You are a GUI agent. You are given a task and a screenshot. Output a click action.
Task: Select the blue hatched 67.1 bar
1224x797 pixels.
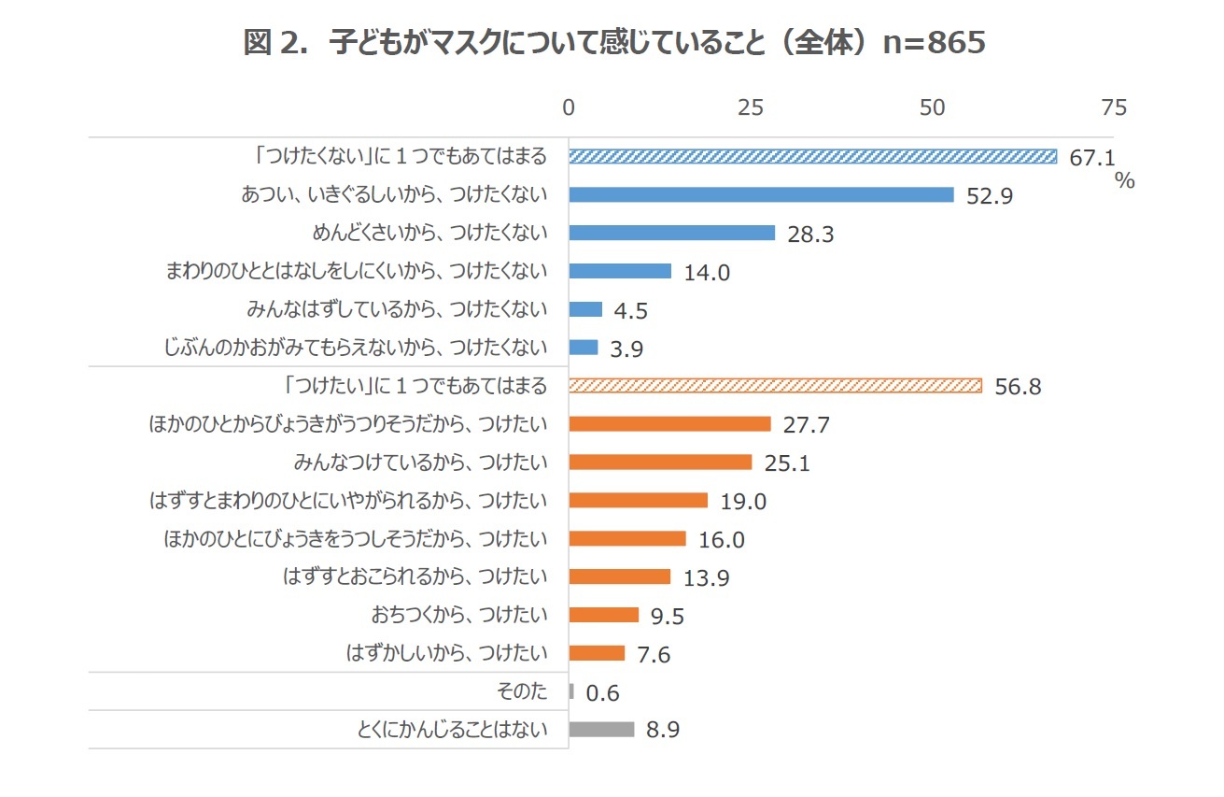tap(812, 156)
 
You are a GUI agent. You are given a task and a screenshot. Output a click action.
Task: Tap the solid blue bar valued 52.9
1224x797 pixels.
tap(761, 194)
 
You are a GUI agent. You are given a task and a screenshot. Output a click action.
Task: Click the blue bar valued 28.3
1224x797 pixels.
tap(671, 233)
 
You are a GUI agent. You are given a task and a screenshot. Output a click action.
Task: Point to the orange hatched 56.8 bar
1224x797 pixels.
tap(775, 385)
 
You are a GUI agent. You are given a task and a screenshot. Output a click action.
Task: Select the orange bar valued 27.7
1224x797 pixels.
tap(669, 423)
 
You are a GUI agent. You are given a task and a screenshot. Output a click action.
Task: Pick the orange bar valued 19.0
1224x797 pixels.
tap(638, 500)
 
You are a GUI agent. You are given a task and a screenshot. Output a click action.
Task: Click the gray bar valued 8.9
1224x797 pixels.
tap(601, 729)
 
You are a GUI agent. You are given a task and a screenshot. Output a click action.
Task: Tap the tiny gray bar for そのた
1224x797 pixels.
tap(571, 691)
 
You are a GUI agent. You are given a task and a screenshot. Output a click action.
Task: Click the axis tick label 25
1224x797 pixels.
tap(750, 107)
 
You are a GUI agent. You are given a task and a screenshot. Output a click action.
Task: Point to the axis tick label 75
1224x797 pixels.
tap(1114, 107)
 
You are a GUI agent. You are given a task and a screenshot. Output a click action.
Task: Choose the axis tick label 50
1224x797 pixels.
tap(932, 107)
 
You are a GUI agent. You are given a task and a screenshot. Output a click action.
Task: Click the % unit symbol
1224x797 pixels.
tap(1124, 181)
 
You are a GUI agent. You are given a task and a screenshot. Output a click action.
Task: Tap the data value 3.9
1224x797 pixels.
tap(626, 349)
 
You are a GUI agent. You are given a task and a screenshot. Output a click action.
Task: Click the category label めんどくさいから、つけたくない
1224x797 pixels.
tap(429, 233)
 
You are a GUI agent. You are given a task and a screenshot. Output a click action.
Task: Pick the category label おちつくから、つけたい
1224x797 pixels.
tap(458, 614)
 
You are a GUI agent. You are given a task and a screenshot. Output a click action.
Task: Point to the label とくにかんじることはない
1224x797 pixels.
tap(452, 729)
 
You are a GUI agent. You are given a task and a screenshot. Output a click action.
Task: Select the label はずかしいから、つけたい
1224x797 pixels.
tap(445, 652)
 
